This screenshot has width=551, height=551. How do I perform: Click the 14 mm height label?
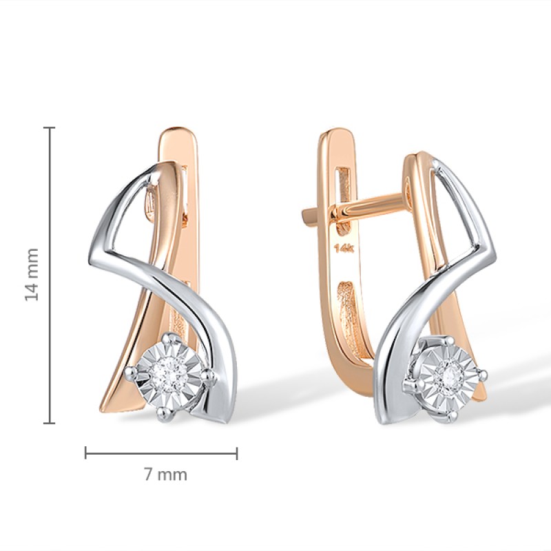pyautogui.click(x=32, y=274)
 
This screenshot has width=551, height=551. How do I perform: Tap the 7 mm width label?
pyautogui.click(x=165, y=475)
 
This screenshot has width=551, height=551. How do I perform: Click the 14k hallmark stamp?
pyautogui.click(x=344, y=249)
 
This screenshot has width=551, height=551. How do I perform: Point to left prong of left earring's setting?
pyautogui.click(x=131, y=371)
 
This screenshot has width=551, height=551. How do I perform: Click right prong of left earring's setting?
pyautogui.click(x=210, y=376)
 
